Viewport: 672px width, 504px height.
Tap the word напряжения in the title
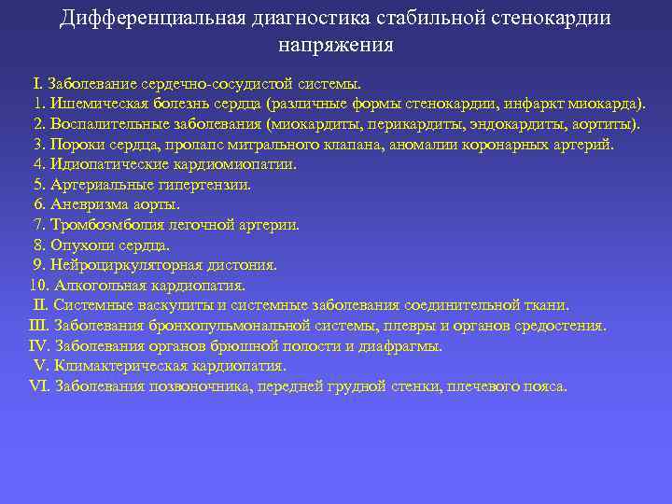point(336,44)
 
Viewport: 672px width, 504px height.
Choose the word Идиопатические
point(107,164)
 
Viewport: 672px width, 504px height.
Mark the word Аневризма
point(88,204)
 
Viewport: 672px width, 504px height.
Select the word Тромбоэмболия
point(106,225)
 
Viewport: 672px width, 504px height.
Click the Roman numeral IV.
point(40,346)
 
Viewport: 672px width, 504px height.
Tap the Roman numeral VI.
point(40,386)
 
